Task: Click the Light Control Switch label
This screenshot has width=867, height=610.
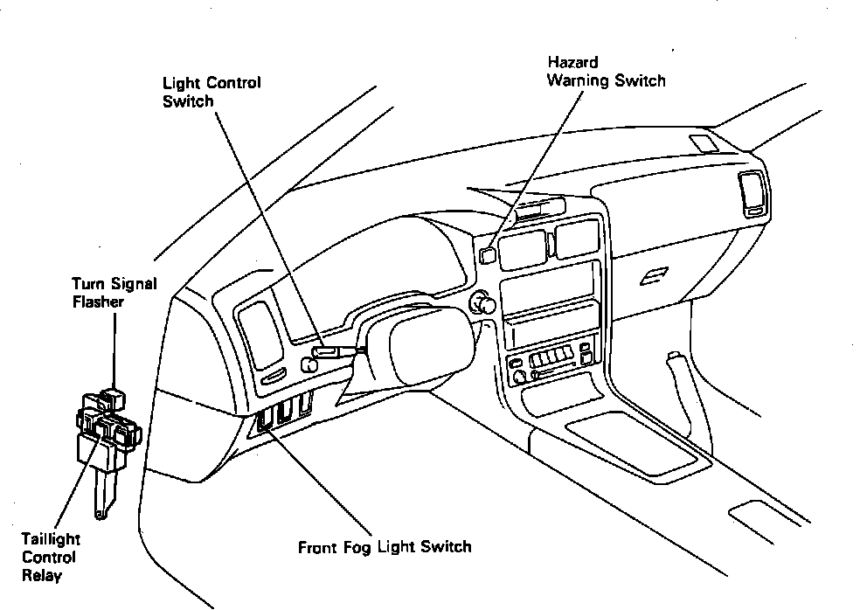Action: point(212,92)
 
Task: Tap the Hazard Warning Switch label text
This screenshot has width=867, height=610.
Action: point(606,72)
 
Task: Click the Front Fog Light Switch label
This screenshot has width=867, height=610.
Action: point(385,547)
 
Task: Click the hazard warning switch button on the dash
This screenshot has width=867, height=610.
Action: point(487,254)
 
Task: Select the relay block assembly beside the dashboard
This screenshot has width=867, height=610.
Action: point(106,433)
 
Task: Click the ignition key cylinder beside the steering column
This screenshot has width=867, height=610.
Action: point(482,304)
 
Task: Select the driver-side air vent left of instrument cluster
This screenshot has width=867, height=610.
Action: point(260,333)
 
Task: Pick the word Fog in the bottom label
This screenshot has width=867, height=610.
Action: point(357,548)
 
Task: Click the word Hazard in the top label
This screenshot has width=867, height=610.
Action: point(572,63)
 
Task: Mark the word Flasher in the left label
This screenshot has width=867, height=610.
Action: point(98,302)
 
